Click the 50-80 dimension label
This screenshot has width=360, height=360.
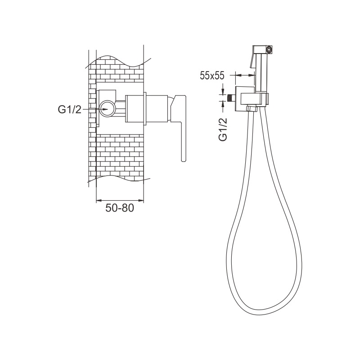[119, 208]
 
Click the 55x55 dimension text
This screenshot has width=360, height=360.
[211, 75]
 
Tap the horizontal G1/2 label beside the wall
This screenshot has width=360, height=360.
[70, 109]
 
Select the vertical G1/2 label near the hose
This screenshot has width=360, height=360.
[223, 129]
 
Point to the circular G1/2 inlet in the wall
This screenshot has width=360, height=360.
[108, 109]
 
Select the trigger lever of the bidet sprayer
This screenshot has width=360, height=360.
[252, 60]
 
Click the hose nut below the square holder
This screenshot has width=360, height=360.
[252, 108]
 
